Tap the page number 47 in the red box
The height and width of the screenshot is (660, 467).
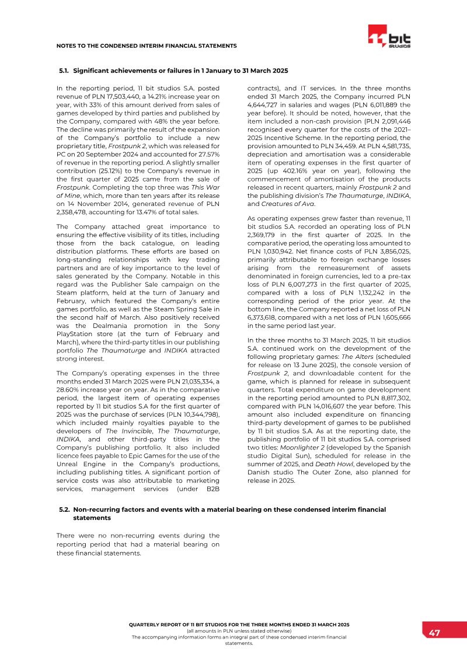pos(434,633)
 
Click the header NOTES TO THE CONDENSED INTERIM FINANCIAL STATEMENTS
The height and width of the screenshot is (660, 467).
pos(146,46)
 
